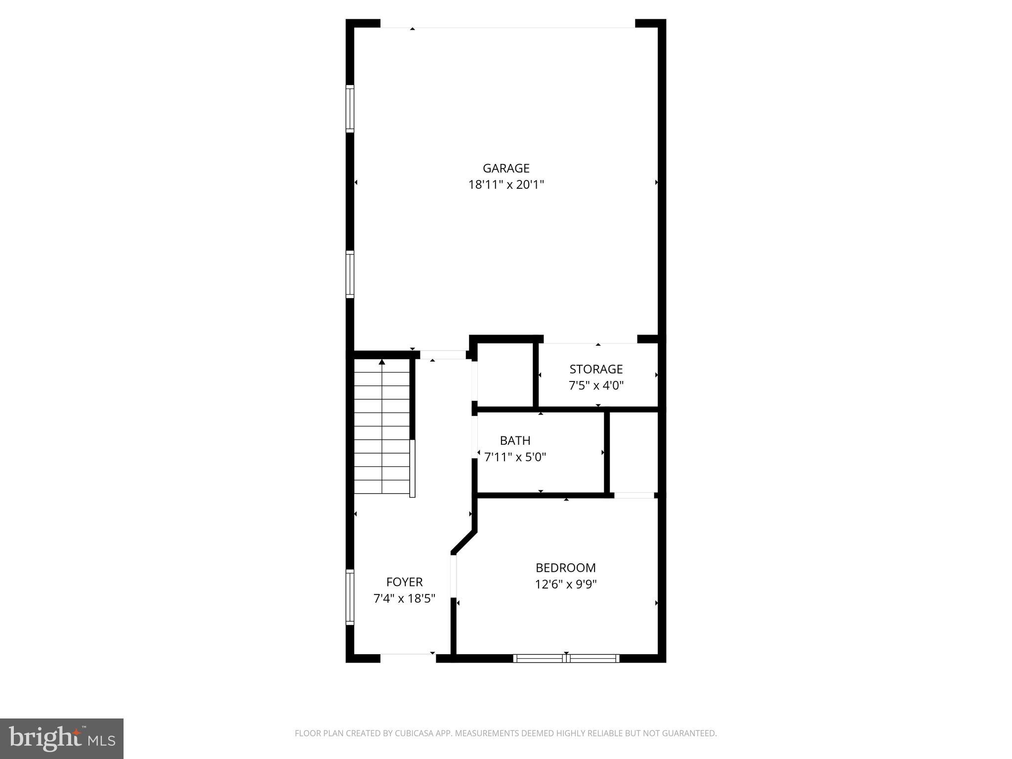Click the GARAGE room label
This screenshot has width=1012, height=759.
(506, 169)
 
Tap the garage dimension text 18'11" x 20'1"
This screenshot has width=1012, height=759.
(506, 185)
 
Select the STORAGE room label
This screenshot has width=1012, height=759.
(596, 369)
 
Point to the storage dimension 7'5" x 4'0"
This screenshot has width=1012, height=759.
(596, 385)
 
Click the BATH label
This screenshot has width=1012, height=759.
(515, 440)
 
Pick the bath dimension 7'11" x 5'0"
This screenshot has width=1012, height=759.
(515, 457)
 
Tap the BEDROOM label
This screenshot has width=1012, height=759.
(566, 568)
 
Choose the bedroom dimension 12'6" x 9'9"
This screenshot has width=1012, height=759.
(566, 585)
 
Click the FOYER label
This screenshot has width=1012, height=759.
(404, 582)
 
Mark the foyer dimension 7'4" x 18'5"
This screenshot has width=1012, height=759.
(404, 599)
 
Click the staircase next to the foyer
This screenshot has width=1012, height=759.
(382, 428)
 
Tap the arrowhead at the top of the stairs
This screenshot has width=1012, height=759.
(381, 362)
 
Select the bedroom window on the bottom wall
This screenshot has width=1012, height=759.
(566, 658)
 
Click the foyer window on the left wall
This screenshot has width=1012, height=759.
(350, 597)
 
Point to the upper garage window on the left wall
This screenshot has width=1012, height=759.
(350, 109)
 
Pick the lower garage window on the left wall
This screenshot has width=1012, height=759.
(350, 274)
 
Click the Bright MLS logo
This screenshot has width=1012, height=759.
(62, 739)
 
